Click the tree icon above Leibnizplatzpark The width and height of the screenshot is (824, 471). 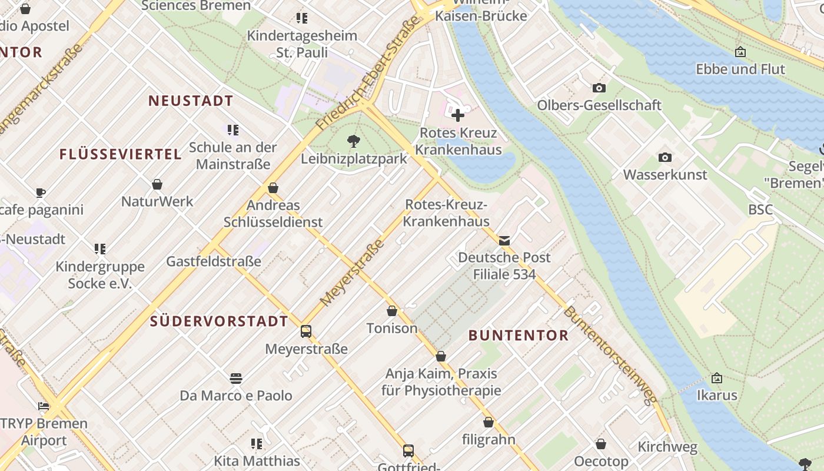coord(354,141)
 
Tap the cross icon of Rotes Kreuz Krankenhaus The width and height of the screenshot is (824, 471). coord(458,115)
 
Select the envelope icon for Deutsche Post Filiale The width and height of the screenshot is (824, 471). coord(504,240)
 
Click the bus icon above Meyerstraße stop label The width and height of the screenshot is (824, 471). coord(305,331)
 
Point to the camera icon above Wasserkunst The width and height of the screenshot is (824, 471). coord(665,157)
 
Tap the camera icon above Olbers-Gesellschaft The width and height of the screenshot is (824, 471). coord(599,88)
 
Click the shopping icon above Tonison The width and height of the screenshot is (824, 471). coord(392,310)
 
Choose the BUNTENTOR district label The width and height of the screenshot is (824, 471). coord(519,336)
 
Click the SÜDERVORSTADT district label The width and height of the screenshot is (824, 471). coord(219,321)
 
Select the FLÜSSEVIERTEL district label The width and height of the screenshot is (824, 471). coord(120,154)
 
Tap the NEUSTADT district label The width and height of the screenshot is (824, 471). coord(191,101)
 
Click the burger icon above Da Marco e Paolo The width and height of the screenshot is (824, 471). coord(236,377)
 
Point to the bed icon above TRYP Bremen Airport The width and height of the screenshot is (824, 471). coord(44,406)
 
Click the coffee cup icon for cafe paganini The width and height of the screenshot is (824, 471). coord(41,193)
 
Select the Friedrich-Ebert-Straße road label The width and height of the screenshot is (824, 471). coord(370,74)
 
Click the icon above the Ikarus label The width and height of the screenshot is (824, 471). coord(717,377)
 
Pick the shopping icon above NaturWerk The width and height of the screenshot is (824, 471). coord(157,184)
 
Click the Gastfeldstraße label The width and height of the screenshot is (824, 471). coord(214,261)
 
